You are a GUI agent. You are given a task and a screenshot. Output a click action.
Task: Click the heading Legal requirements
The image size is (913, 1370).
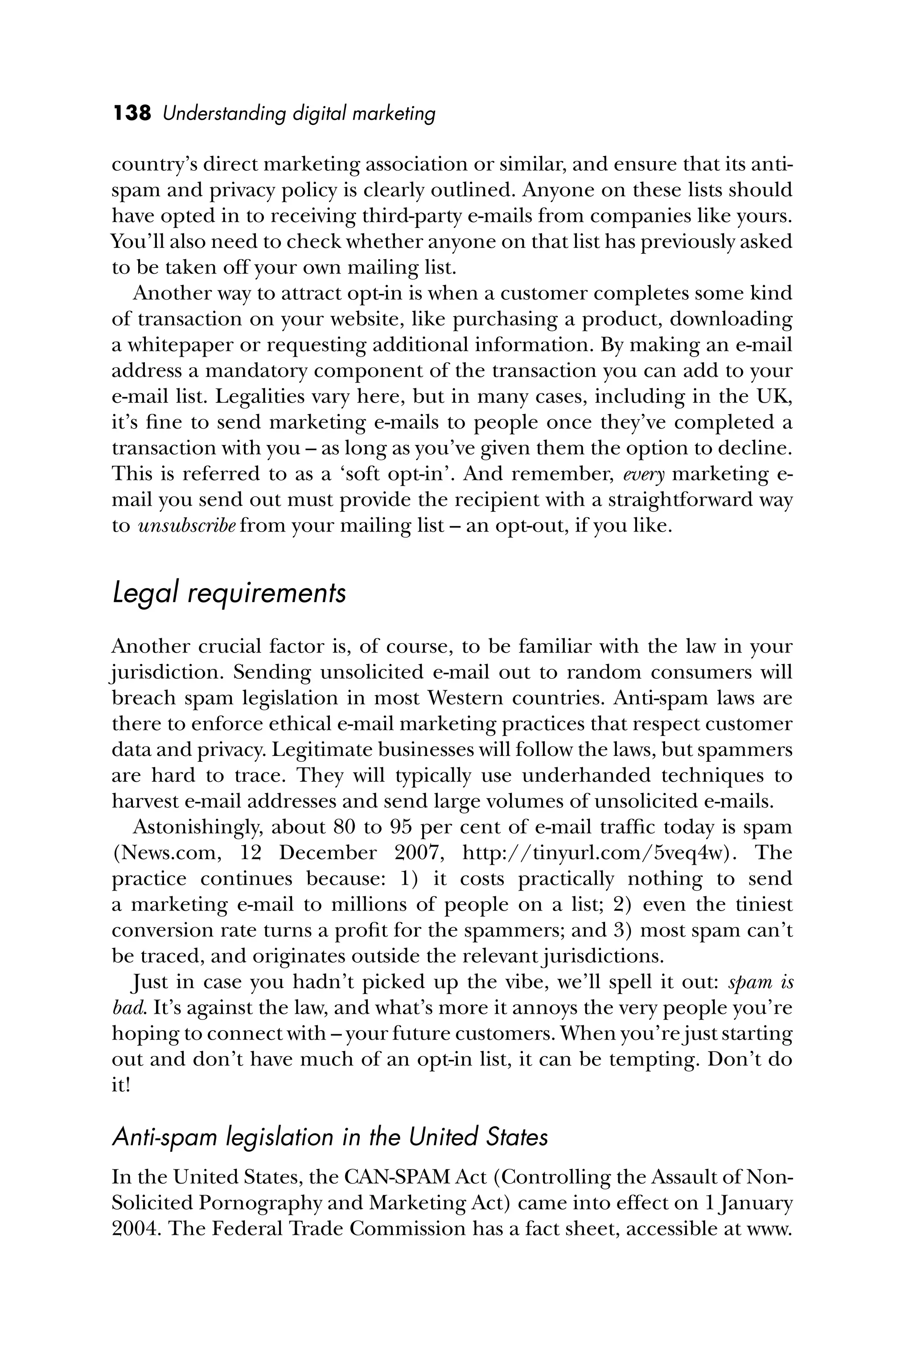tap(228, 594)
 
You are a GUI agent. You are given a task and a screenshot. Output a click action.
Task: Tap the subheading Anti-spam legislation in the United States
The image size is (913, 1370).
tap(329, 1137)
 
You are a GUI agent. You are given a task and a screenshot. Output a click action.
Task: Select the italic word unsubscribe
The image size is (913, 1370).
tap(186, 526)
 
